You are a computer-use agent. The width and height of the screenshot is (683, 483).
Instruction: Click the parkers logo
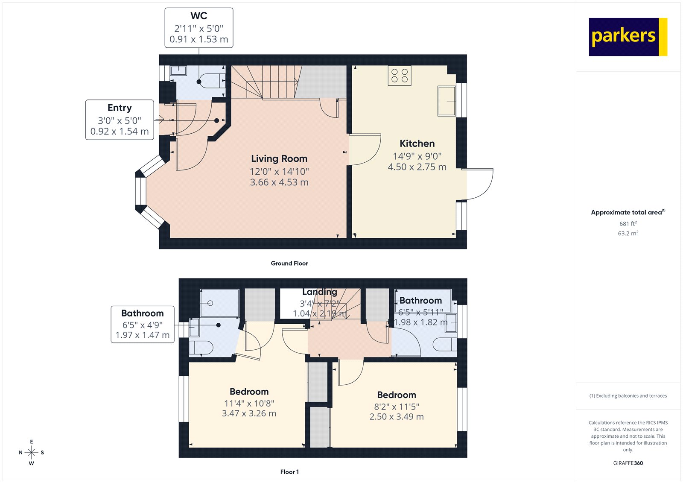pyautogui.click(x=628, y=37)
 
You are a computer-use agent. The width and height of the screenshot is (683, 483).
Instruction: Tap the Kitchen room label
pyautogui.click(x=417, y=143)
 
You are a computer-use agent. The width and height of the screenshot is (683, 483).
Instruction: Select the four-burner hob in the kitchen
pyautogui.click(x=400, y=76)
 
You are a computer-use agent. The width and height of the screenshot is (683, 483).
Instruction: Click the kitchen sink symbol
pyautogui.click(x=447, y=101)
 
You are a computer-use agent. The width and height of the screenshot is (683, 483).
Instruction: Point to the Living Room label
pyautogui.click(x=279, y=159)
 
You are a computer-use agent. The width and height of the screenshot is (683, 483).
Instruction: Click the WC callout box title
pyautogui.click(x=199, y=16)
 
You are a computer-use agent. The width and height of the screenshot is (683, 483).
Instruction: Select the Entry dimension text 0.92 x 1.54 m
pyautogui.click(x=120, y=132)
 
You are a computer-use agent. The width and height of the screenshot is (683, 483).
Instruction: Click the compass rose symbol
pyautogui.click(x=31, y=452)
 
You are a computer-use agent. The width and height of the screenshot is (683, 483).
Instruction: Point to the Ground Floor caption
pyautogui.click(x=289, y=263)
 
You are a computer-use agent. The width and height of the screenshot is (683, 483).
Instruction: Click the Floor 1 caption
pyautogui.click(x=289, y=472)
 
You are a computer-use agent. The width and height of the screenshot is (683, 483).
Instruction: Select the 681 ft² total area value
pyautogui.click(x=628, y=223)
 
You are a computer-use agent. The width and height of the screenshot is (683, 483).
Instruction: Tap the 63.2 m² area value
pyautogui.click(x=628, y=233)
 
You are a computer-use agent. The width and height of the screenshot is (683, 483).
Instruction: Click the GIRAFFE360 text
pyautogui.click(x=628, y=463)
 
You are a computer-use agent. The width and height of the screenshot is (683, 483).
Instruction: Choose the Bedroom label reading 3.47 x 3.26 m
pyautogui.click(x=249, y=413)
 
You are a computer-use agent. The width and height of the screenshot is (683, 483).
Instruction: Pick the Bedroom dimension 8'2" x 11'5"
pyautogui.click(x=397, y=407)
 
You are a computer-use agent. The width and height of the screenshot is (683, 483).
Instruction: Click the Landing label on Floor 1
pyautogui.click(x=320, y=292)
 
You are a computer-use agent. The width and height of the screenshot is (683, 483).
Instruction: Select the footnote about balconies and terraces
pyautogui.click(x=628, y=396)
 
